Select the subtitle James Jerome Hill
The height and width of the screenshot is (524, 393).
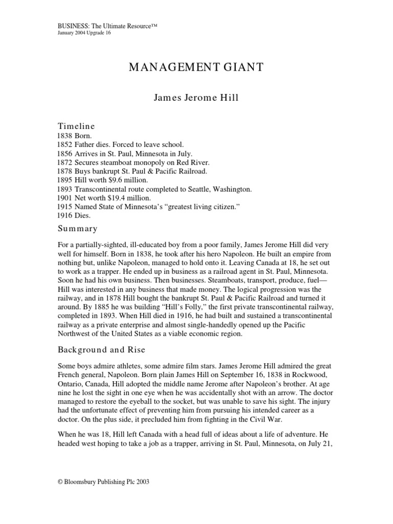(x=196, y=98)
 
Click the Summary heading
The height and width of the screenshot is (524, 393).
(x=77, y=228)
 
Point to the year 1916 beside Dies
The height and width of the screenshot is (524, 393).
(x=65, y=215)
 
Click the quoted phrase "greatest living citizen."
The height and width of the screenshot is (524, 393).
(x=201, y=206)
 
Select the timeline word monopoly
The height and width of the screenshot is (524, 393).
(x=148, y=163)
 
